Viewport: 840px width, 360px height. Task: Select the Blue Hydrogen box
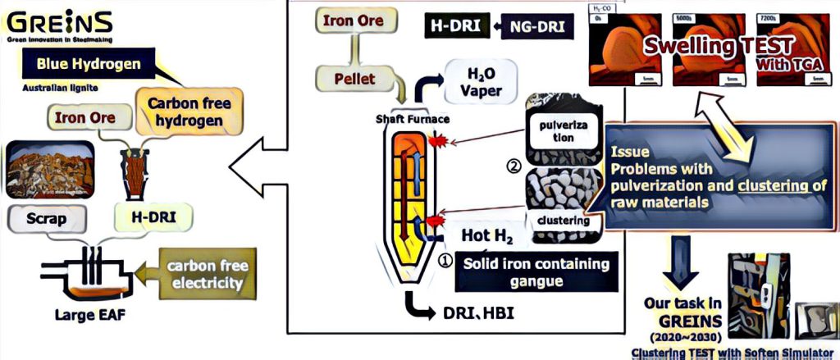pyautogui.click(x=82, y=64)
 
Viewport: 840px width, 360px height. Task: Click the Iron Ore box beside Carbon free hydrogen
pyautogui.click(x=85, y=117)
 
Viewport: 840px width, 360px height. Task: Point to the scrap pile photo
pyautogui.click(x=48, y=170)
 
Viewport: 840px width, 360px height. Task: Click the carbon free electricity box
pyautogui.click(x=206, y=275)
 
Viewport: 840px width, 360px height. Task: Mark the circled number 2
pyautogui.click(x=514, y=166)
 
